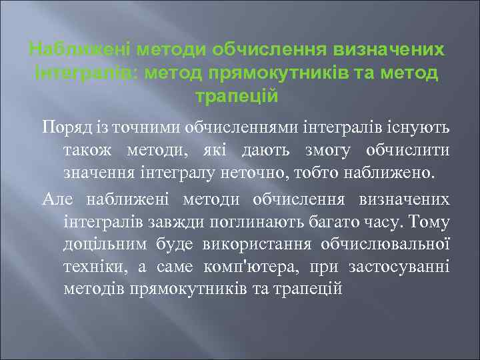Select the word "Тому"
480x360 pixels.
(430, 221)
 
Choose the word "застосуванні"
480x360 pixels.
(399, 267)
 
